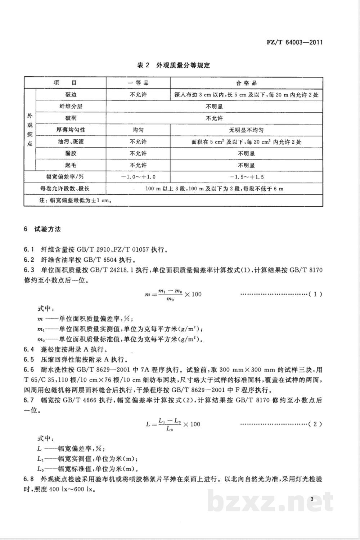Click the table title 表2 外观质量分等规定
click(x=174, y=65)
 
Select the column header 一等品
click(x=138, y=83)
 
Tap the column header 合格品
click(x=246, y=83)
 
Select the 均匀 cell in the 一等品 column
click(x=138, y=130)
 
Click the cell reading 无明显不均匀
click(x=246, y=130)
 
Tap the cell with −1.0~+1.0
click(x=138, y=177)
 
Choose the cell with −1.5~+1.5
click(x=246, y=177)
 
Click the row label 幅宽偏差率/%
click(x=65, y=177)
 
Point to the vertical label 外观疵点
click(x=30, y=130)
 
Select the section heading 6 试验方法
click(x=42, y=229)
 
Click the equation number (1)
click(x=315, y=294)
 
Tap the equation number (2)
click(x=315, y=424)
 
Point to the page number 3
click(x=312, y=499)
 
